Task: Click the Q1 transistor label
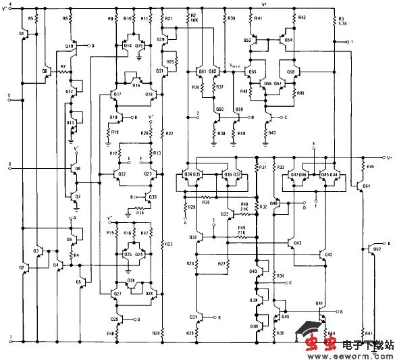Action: click(22, 32)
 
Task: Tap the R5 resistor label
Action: click(30, 18)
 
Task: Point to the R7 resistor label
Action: click(63, 67)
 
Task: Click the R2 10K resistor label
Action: click(193, 18)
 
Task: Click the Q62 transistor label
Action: click(377, 249)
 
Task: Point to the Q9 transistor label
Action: click(78, 168)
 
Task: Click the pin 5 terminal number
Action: click(9, 96)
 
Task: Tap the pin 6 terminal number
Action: click(9, 164)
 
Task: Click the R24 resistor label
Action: click(156, 333)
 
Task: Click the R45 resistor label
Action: click(370, 167)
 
